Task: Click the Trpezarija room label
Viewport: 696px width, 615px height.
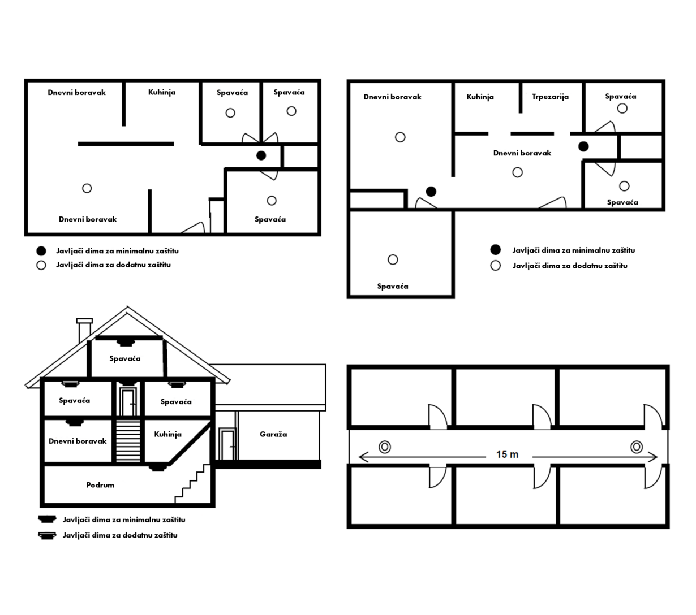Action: pos(550,97)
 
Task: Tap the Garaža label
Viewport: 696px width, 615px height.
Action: pos(273,434)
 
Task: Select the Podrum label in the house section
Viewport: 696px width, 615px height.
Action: pos(100,485)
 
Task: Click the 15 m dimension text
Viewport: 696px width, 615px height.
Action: pos(507,454)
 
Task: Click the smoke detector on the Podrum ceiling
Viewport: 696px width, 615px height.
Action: pos(158,467)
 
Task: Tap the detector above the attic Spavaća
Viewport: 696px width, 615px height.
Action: pos(124,342)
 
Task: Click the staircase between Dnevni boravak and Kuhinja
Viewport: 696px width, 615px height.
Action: pos(128,441)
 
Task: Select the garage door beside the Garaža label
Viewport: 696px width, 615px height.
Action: pos(227,444)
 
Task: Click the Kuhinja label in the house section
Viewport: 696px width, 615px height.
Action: pos(167,435)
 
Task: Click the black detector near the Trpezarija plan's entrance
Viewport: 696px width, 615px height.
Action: pos(431,192)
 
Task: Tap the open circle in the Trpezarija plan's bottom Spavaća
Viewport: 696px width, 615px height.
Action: pos(393,259)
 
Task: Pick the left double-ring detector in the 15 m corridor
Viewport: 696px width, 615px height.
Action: pos(385,447)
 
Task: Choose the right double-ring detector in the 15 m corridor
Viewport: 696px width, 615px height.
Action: pos(637,447)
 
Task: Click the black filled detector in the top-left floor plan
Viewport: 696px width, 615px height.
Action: pos(261,155)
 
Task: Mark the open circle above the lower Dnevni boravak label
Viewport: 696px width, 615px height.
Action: pos(87,188)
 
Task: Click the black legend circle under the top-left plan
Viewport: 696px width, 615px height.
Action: pos(41,251)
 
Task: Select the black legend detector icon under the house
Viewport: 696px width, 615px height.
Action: pos(47,519)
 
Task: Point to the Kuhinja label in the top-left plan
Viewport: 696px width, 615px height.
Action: pos(162,92)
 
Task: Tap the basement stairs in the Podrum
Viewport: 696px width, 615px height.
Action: pos(192,483)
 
